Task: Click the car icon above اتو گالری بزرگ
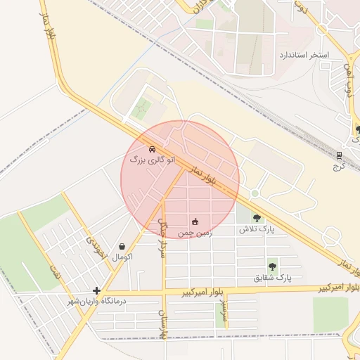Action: pyautogui.click(x=153, y=150)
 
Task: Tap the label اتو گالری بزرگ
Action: pyautogui.click(x=146, y=160)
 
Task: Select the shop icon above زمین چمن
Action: pyautogui.click(x=195, y=221)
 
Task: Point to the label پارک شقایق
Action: pyautogui.click(x=272, y=278)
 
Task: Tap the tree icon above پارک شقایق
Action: pyautogui.click(x=272, y=266)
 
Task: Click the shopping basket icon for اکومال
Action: pyautogui.click(x=124, y=247)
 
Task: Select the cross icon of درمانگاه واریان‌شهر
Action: pyautogui.click(x=96, y=290)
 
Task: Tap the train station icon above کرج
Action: pyautogui.click(x=339, y=155)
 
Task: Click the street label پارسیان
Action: pyautogui.click(x=162, y=320)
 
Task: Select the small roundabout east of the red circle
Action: pyautogui.click(x=255, y=193)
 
